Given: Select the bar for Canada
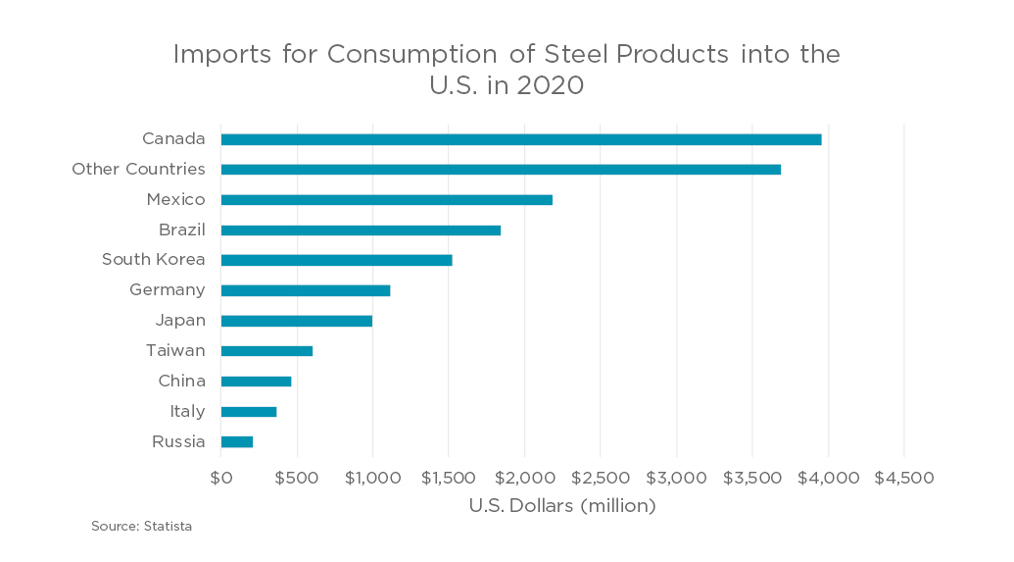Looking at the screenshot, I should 521,139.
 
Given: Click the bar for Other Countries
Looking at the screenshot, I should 501,170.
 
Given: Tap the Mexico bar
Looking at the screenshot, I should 387,200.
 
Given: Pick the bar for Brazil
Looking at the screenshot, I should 361,230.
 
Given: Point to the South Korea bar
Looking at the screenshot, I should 336,260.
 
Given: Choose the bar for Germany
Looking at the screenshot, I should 306,290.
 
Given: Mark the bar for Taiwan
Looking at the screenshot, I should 266,351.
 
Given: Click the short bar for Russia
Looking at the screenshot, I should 237,441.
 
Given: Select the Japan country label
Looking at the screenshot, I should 180,321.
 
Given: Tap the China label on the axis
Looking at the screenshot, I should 181,381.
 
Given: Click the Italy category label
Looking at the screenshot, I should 187,411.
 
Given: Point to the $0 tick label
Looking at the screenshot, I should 221,478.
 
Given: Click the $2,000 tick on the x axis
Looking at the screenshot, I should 524,478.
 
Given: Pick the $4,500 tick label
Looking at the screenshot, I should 903,478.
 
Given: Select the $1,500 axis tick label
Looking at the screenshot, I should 449,478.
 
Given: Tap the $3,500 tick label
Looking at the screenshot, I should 751,478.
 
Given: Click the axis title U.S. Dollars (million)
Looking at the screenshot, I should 561,506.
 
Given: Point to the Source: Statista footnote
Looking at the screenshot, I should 142,527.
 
